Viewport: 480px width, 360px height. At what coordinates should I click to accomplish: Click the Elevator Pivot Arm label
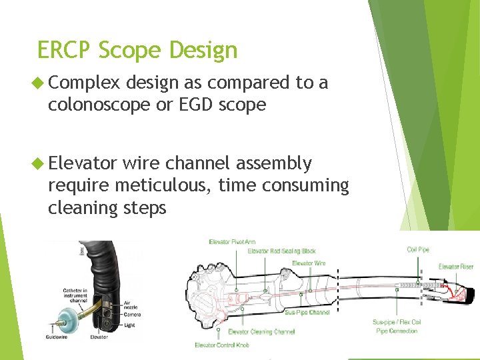[232, 242]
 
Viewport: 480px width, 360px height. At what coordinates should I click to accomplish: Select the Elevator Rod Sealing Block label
[281, 251]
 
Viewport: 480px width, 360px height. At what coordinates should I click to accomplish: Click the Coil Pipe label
[418, 250]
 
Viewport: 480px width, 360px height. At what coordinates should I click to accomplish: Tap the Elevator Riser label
[456, 267]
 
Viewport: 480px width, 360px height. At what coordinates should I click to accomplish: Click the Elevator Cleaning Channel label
[262, 331]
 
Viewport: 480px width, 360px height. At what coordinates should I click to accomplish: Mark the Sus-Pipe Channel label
[307, 312]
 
